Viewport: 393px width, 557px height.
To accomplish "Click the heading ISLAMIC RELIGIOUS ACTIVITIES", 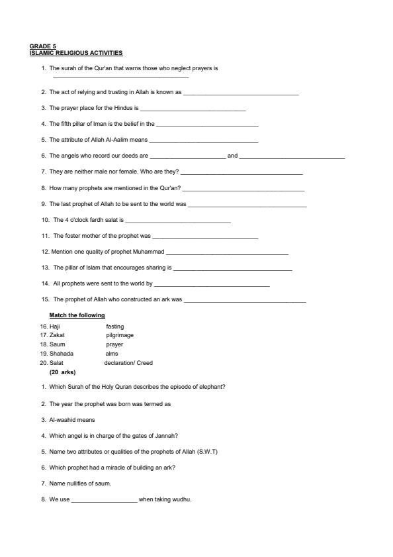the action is [x=76, y=53].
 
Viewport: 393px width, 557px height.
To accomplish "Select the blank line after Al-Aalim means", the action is [x=204, y=140].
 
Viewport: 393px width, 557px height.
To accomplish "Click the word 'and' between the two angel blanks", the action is [x=232, y=156].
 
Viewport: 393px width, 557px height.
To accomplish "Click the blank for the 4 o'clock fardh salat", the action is [x=177, y=220].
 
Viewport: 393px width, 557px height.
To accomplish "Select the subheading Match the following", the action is [x=77, y=315].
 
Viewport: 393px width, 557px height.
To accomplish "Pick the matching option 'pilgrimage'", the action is [x=120, y=335].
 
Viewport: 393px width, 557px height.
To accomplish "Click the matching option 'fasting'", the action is [x=114, y=327].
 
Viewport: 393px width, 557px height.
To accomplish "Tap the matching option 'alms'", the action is [x=112, y=354].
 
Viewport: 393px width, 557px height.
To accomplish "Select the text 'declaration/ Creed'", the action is [x=128, y=363].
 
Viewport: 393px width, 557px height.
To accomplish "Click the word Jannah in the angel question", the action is [x=167, y=436].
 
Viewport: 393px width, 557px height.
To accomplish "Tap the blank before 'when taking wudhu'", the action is [x=104, y=500].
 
